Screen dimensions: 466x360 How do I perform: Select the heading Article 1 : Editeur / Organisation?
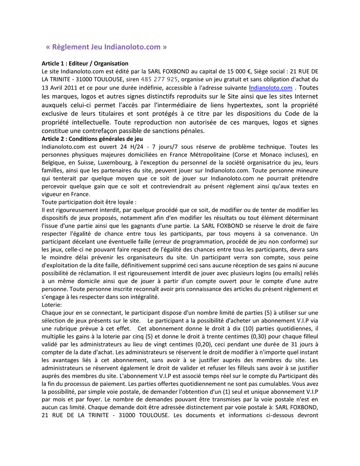(85, 63)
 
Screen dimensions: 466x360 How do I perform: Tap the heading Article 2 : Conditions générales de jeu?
(92, 139)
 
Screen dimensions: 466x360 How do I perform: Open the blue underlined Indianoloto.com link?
(271, 88)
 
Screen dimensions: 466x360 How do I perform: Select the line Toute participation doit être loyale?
(89, 202)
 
